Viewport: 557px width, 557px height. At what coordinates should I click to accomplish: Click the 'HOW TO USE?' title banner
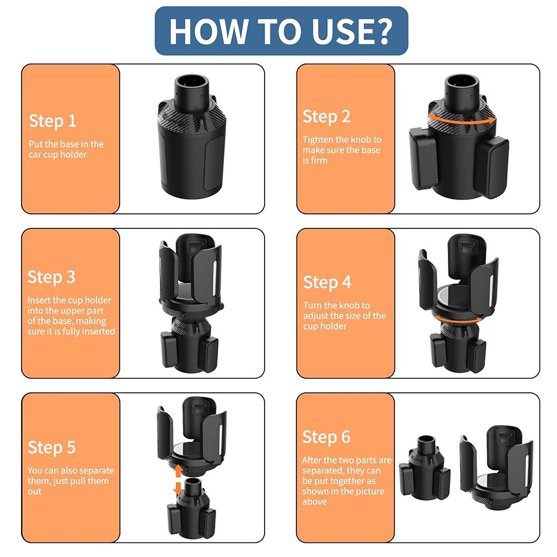coord(281,31)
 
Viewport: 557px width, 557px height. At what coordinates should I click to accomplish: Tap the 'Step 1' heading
coord(52,121)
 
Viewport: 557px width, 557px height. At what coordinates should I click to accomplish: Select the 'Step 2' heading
coord(326,117)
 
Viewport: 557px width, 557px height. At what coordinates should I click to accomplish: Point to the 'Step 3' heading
coord(51,277)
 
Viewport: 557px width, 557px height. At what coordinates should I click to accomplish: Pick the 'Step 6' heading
coord(326,437)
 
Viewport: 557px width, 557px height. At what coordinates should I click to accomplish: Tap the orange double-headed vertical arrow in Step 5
coord(178,480)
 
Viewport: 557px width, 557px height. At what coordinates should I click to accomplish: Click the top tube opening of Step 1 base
coord(191,82)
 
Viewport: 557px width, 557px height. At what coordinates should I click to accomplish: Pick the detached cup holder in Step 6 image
coord(497,467)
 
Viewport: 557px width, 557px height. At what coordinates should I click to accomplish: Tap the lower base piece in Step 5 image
coord(191,508)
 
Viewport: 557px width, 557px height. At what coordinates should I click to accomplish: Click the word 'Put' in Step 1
coord(36,144)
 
